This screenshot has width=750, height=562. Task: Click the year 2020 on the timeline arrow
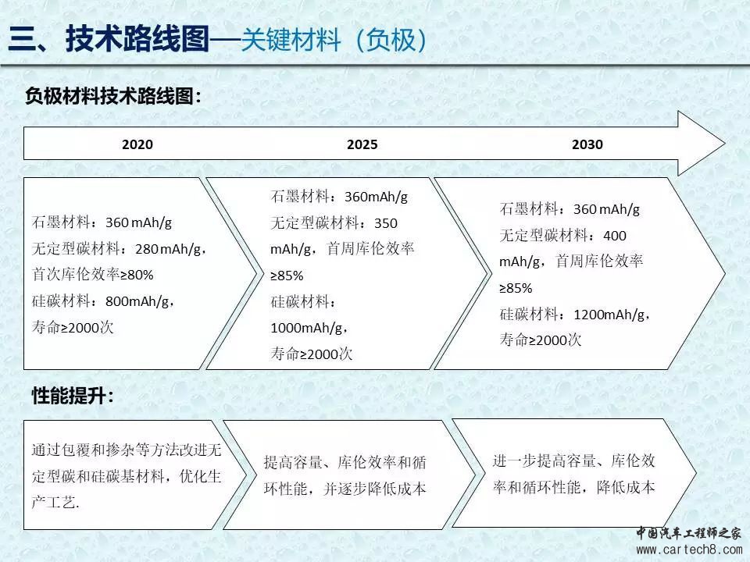tap(137, 144)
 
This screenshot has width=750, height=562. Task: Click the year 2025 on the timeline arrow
tap(362, 144)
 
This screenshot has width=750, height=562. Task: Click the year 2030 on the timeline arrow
tap(587, 144)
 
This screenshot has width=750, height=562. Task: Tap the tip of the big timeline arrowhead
tap(726, 143)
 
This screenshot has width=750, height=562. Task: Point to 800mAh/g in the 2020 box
tap(137, 301)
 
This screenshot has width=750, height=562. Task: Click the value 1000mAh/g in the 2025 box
tap(306, 328)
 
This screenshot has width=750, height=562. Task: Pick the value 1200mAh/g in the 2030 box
tap(609, 315)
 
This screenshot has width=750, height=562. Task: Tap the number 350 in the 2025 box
tap(385, 223)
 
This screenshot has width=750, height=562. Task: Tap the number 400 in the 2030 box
tap(615, 236)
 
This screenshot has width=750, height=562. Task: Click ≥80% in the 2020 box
tap(137, 276)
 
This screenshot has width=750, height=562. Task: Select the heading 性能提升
tap(69, 396)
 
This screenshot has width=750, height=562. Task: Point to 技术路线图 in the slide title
tap(137, 38)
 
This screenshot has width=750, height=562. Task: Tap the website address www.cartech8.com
tap(689, 550)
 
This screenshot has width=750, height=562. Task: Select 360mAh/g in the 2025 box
tap(376, 197)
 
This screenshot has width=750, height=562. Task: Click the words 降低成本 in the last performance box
tap(626, 487)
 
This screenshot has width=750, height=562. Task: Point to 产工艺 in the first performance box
tap(54, 502)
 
